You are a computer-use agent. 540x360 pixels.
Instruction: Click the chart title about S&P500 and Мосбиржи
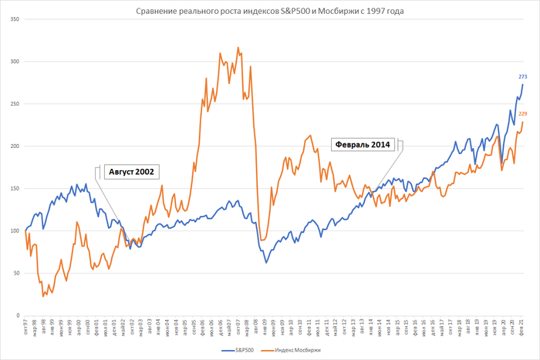(x=270, y=11)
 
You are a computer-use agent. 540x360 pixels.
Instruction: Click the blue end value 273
(x=522, y=77)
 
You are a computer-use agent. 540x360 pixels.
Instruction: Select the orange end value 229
(x=522, y=114)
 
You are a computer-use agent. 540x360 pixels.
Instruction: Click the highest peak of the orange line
(x=238, y=47)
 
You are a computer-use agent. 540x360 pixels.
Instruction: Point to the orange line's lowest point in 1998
(x=43, y=296)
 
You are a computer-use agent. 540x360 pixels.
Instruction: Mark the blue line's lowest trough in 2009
(x=266, y=263)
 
